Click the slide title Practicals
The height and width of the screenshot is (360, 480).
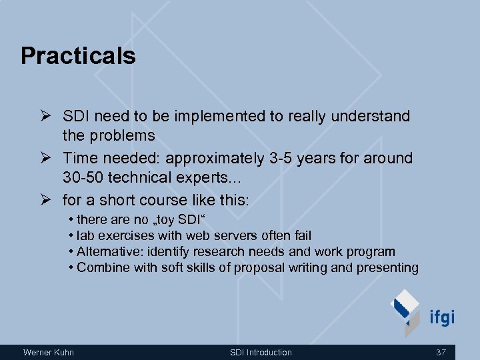[x=78, y=56]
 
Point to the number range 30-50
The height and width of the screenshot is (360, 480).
[x=83, y=179]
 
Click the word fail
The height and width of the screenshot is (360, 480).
[x=301, y=235]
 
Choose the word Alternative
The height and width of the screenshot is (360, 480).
[x=105, y=251]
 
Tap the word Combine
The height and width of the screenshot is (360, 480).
[x=99, y=268]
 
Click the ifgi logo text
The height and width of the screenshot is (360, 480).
[x=441, y=317]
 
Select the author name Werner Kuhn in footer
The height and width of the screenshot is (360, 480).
[x=49, y=352]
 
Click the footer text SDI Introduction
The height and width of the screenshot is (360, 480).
[x=261, y=352]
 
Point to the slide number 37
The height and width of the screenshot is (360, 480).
[x=441, y=352]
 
